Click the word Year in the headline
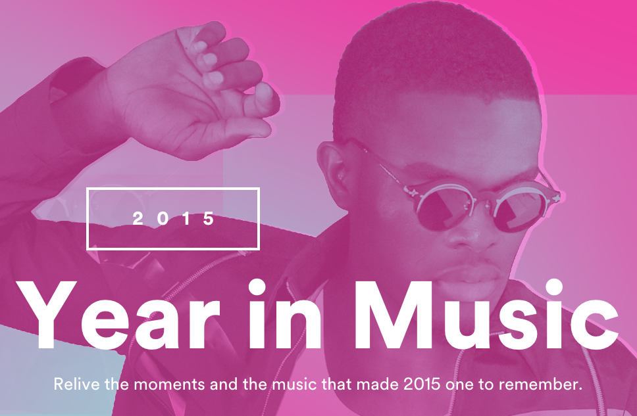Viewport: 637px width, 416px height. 118,315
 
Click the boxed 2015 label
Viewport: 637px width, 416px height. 173,218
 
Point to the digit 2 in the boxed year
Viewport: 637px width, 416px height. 138,218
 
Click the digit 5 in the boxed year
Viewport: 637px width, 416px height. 209,218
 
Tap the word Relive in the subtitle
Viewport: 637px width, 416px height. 77,384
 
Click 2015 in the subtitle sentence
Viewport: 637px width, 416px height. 422,384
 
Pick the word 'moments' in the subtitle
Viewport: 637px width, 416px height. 169,384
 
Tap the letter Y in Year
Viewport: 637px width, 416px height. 46,315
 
